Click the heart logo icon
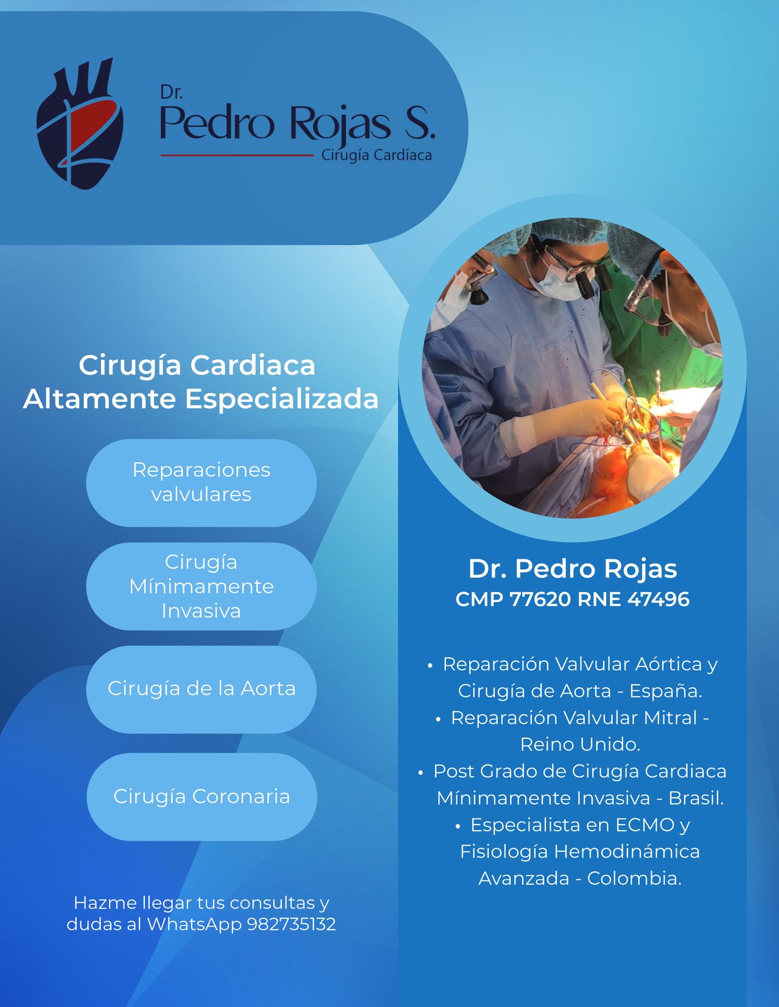(x=80, y=123)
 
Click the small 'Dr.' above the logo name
(x=172, y=92)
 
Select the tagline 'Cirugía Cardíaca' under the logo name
(x=377, y=156)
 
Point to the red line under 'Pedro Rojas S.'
(x=237, y=156)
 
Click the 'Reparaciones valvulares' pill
(x=201, y=482)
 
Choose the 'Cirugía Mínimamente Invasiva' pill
(x=201, y=586)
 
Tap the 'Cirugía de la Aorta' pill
(x=201, y=689)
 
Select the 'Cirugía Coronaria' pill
(x=201, y=797)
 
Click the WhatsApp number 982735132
(x=291, y=924)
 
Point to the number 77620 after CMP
(x=540, y=599)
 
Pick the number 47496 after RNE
(x=658, y=599)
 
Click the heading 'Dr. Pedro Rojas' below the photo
(x=573, y=569)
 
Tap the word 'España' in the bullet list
(x=666, y=691)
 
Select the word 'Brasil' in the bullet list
(x=696, y=798)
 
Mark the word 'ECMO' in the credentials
(x=645, y=825)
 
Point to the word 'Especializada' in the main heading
(x=282, y=399)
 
